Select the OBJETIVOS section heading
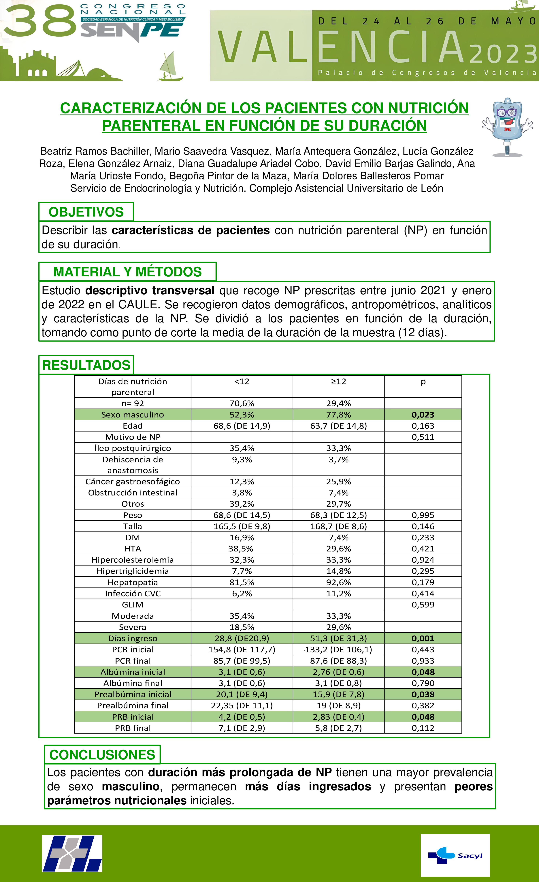[x=86, y=212]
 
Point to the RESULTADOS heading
[x=86, y=365]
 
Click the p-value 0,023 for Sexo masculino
[x=423, y=415]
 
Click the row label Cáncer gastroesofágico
[x=133, y=482]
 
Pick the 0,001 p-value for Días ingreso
[x=423, y=638]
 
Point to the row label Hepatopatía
[x=133, y=582]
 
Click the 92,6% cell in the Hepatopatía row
[x=338, y=582]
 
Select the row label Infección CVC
[x=133, y=594]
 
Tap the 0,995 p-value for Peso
[x=423, y=515]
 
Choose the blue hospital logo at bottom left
[x=72, y=854]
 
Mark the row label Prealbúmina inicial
[x=133, y=694]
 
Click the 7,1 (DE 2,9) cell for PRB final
[x=242, y=728]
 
